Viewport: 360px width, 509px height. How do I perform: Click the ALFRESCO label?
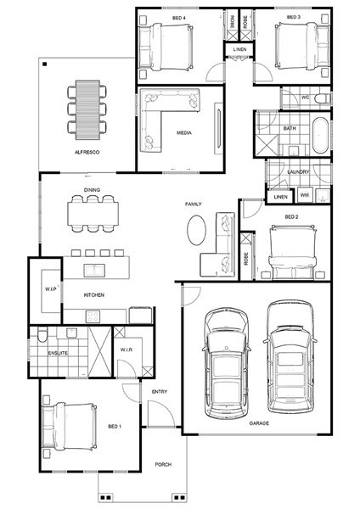click(87, 152)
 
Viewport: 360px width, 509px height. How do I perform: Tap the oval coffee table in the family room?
click(196, 230)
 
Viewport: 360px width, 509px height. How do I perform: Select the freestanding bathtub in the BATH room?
click(320, 135)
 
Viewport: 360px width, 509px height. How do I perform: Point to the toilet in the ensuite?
click(42, 335)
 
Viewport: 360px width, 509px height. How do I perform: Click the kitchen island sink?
click(94, 270)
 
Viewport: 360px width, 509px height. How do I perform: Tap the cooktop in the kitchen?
click(93, 316)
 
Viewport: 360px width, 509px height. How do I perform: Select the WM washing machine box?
click(305, 195)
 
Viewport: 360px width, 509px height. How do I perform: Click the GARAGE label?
click(259, 423)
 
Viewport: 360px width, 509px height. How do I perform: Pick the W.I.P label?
click(50, 289)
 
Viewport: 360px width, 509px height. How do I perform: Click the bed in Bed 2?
click(292, 253)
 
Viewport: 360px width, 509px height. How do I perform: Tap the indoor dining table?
click(93, 214)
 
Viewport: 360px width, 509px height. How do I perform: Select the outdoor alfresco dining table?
click(87, 110)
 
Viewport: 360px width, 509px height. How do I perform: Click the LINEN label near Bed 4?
click(239, 49)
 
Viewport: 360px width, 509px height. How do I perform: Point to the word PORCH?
click(163, 465)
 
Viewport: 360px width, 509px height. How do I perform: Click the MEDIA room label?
click(184, 133)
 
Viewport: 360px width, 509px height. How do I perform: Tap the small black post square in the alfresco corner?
click(45, 64)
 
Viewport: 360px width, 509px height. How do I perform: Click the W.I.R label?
click(126, 350)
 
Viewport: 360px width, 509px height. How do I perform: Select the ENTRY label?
click(160, 392)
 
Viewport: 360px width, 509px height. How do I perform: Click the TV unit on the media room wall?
click(219, 129)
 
